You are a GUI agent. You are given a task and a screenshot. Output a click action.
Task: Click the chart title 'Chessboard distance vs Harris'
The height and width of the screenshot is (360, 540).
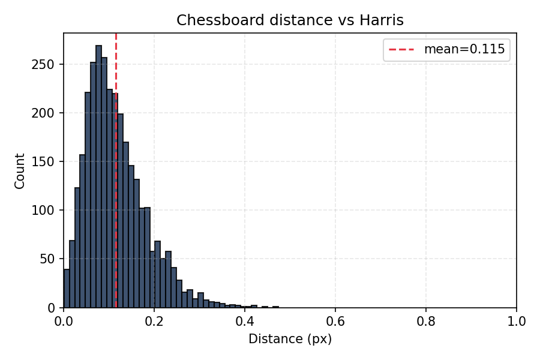pos(290,20)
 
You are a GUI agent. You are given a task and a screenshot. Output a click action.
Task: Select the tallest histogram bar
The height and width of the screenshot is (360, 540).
pos(98,180)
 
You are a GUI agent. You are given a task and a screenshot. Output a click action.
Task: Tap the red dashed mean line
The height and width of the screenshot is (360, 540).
pos(116,72)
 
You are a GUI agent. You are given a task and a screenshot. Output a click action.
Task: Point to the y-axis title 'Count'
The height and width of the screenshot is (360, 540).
pos(20,171)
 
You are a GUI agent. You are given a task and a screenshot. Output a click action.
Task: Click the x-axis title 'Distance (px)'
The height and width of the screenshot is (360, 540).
pos(290,340)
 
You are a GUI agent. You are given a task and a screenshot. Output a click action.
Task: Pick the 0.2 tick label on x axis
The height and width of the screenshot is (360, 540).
pos(154,322)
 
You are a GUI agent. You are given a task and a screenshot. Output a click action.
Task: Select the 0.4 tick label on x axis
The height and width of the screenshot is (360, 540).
pos(245,322)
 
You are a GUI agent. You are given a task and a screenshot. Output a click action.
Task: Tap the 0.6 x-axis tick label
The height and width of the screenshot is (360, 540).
pos(335,322)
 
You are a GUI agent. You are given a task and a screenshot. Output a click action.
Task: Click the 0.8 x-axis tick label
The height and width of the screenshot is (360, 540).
pos(426,322)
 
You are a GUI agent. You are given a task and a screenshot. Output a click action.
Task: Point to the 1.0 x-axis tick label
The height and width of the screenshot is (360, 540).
pos(516,322)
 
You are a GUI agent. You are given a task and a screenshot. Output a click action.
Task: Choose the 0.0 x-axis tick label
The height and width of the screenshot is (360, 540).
pos(64,322)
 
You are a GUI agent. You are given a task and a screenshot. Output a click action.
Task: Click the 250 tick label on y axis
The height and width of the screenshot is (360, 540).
pos(48,64)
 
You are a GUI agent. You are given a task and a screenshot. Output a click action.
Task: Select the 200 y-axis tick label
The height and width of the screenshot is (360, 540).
pos(48,113)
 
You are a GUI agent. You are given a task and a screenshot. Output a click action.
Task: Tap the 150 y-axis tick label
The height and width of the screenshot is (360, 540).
pos(48,161)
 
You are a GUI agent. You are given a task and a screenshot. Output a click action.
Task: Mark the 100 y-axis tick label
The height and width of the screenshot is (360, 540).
pos(48,211)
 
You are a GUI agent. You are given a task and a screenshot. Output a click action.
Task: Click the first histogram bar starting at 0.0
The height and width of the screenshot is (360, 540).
pos(67,289)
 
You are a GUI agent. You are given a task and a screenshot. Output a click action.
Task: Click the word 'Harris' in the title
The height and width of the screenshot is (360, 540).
pos(382,20)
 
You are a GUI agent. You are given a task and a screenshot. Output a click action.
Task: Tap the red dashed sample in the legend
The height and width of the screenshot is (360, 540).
pos(403,50)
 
